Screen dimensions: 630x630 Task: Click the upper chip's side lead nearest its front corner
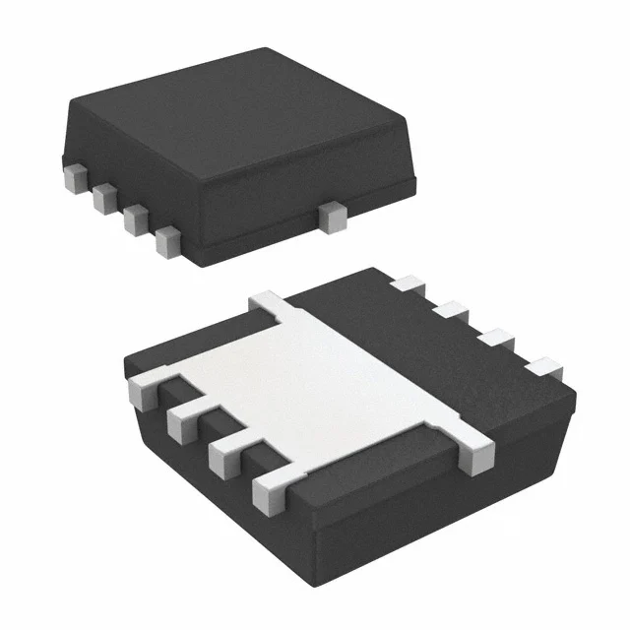point(168,240)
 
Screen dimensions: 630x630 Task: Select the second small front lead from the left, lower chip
point(183,423)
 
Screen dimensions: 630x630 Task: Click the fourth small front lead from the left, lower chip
point(268,490)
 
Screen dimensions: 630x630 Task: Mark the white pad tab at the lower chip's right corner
point(477,456)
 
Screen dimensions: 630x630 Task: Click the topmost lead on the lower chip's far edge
point(405,284)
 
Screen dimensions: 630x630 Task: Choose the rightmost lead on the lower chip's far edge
point(541,369)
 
